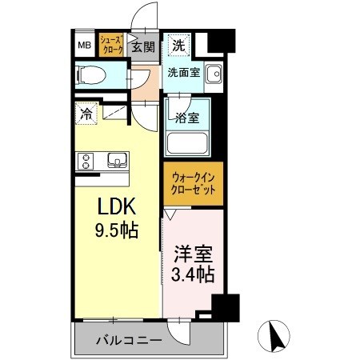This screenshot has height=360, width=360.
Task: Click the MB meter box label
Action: (x=85, y=45)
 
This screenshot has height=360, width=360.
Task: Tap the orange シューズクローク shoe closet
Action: (x=111, y=45)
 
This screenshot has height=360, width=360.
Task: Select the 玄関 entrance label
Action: (x=143, y=47)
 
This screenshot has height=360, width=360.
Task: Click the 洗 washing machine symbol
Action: (x=179, y=45)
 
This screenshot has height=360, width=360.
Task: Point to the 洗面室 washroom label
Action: (x=184, y=72)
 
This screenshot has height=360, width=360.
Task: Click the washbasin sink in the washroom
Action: (x=214, y=74)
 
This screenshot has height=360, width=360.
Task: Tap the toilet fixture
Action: (x=91, y=74)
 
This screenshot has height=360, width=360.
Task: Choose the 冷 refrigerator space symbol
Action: (x=86, y=114)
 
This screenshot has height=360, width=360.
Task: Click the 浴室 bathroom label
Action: (x=187, y=118)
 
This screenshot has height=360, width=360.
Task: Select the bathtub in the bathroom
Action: (x=187, y=143)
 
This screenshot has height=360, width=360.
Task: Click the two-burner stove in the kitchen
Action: (x=86, y=162)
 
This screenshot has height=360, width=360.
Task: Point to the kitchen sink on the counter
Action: (x=118, y=160)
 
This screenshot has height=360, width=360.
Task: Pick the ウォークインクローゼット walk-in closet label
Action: (x=193, y=183)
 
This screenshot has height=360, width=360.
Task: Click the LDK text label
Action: (x=117, y=206)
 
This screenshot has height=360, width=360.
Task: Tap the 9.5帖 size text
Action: (x=117, y=230)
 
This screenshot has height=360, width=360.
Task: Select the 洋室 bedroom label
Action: (x=194, y=254)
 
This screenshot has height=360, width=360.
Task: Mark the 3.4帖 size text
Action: (x=193, y=274)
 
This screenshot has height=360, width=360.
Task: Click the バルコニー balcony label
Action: (x=129, y=340)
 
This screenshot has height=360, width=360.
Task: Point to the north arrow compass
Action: (x=274, y=336)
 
